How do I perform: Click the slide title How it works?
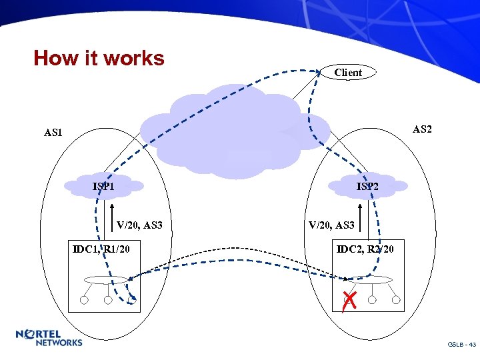(x=99, y=59)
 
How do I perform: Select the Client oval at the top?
(x=348, y=73)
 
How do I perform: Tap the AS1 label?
(x=53, y=133)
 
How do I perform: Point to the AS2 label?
(x=422, y=129)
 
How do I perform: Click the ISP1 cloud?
(x=104, y=186)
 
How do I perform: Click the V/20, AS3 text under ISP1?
(x=139, y=225)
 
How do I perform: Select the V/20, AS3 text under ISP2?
(x=331, y=225)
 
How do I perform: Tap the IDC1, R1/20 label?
(x=101, y=249)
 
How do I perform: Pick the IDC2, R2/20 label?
(x=365, y=249)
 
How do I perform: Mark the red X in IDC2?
(x=347, y=301)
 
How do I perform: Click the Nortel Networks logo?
(x=49, y=338)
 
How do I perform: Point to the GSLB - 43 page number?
(x=461, y=345)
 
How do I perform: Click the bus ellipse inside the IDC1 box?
(x=106, y=280)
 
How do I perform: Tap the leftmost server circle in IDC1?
(x=84, y=300)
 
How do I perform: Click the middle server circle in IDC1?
(x=108, y=300)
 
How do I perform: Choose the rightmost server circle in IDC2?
(x=396, y=300)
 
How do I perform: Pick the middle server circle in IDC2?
(x=372, y=300)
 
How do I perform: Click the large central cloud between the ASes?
(x=233, y=130)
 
